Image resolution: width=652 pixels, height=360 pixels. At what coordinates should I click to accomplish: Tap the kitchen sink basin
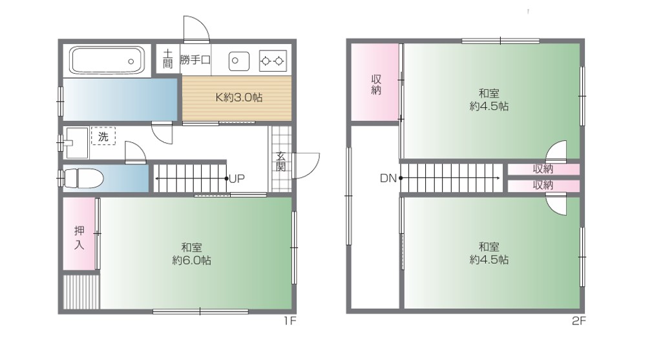[239, 61]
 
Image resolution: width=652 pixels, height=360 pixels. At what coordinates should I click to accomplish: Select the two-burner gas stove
[273, 61]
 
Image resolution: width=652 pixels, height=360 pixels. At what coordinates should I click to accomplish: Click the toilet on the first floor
[83, 178]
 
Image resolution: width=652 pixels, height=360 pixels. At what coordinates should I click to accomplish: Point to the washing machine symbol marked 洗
[103, 136]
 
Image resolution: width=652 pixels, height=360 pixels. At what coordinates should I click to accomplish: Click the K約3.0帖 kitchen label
[238, 98]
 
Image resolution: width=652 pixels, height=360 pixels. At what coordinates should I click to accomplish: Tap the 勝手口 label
[195, 60]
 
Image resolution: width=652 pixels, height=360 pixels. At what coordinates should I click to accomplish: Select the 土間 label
[167, 59]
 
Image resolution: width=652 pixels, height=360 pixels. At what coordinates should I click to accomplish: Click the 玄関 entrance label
[281, 162]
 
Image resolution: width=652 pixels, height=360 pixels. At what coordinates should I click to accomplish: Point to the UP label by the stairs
[237, 179]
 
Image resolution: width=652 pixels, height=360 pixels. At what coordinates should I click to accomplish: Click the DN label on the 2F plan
[388, 178]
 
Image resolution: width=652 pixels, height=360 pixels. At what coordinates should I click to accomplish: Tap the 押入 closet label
[79, 237]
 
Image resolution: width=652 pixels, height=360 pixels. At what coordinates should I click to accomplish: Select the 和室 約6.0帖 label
[192, 254]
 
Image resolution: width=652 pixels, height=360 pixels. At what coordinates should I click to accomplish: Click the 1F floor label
[290, 321]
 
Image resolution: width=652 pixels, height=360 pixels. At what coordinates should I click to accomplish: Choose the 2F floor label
[578, 321]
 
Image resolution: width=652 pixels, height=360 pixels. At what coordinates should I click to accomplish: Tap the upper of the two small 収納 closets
[543, 169]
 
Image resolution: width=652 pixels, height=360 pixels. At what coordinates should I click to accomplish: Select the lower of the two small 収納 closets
[543, 185]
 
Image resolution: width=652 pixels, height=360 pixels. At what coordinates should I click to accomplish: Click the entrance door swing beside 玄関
[306, 165]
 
